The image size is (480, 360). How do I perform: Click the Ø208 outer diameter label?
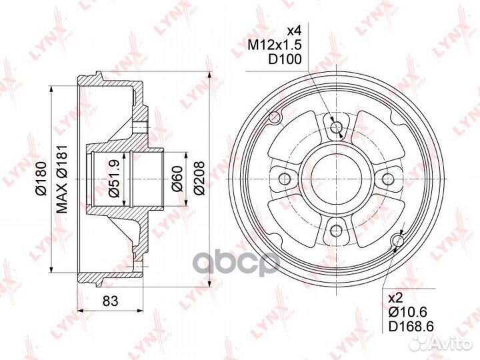pyautogui.click(x=197, y=179)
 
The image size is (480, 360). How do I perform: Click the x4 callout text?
pyautogui.click(x=294, y=31)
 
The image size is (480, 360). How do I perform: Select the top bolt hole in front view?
pyautogui.click(x=335, y=127)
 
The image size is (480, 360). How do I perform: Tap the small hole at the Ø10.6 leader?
pyautogui.click(x=399, y=241)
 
